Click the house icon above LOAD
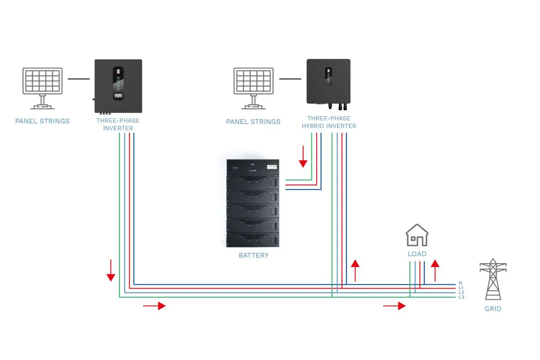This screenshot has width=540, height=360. [417, 235]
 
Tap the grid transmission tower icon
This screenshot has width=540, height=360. [493, 279]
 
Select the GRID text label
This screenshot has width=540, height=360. [493, 309]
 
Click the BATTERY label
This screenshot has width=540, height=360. [254, 255]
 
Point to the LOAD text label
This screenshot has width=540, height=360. [417, 254]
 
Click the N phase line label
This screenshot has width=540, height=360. [460, 283]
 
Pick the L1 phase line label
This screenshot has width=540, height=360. [461, 288]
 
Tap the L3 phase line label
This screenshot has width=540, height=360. [461, 297]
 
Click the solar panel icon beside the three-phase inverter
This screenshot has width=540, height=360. [42, 88]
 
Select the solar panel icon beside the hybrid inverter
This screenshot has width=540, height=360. [254, 88]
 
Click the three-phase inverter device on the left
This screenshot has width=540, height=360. [118, 86]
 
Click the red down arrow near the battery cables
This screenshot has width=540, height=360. [303, 157]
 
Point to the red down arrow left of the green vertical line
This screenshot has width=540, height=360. [111, 270]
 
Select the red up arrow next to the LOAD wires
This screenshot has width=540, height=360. [435, 270]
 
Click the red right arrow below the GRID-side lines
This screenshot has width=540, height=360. [394, 306]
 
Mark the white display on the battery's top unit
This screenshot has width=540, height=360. [272, 167]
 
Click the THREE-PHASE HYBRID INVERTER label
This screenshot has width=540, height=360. [329, 122]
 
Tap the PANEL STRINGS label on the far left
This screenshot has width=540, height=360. [42, 121]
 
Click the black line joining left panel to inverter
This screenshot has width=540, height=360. [79, 79]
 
